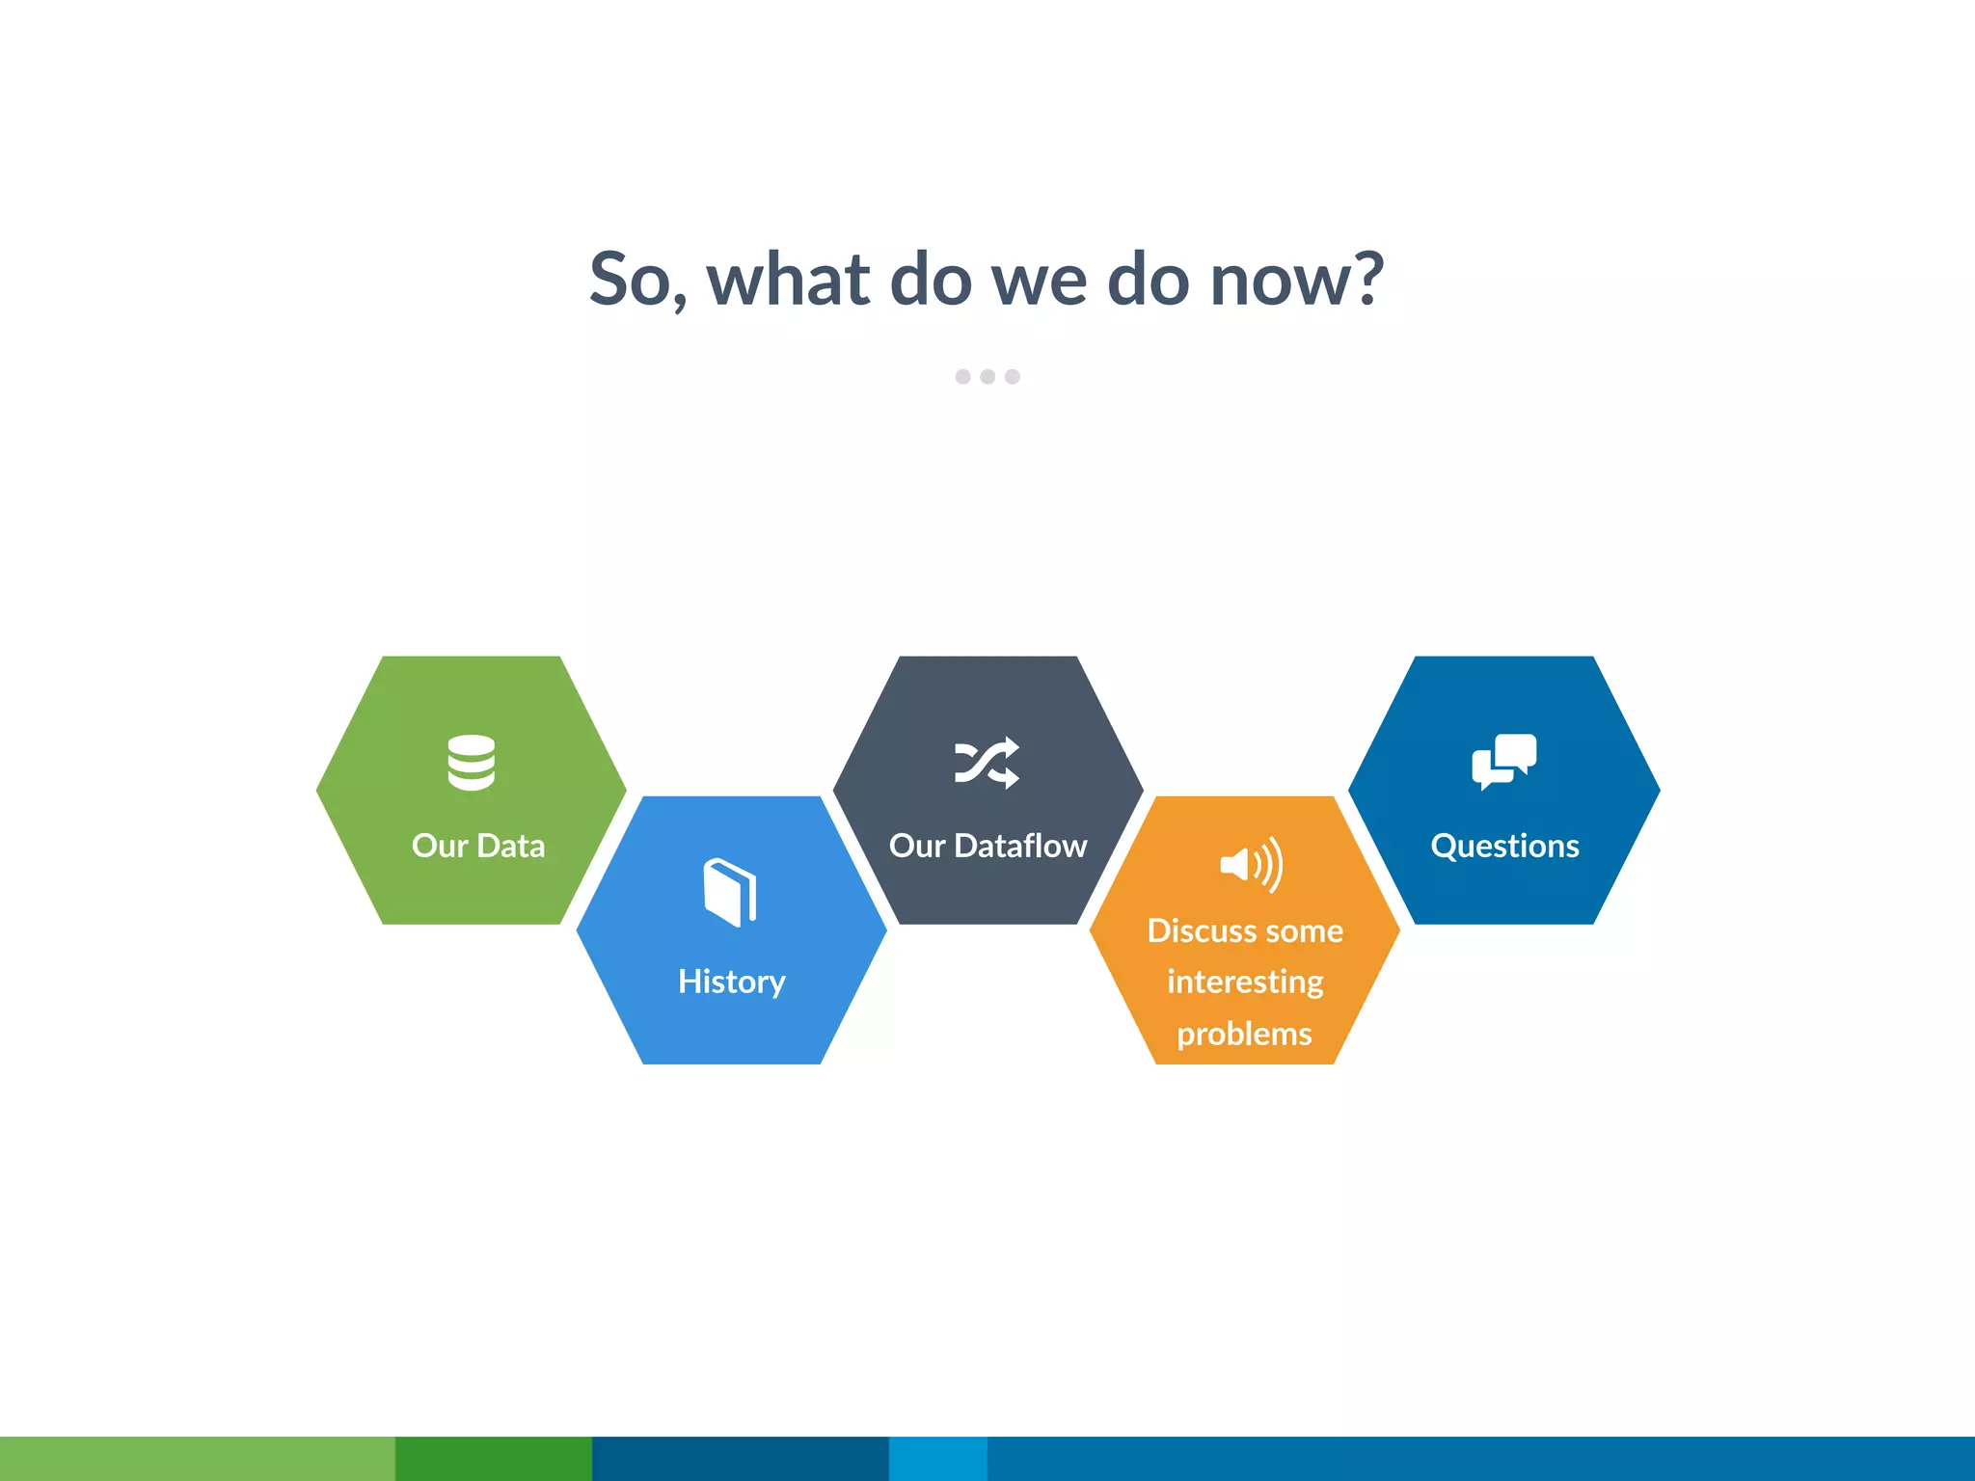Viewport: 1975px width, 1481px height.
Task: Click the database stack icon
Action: click(472, 763)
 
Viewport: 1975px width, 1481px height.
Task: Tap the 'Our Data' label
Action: click(478, 846)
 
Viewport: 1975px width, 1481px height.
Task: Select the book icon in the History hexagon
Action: click(730, 892)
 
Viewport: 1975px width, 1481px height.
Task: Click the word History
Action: click(731, 982)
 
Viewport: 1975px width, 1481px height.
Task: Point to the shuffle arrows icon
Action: click(987, 763)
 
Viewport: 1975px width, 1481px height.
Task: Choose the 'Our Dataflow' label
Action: click(987, 846)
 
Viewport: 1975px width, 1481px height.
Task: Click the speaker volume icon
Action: click(1251, 864)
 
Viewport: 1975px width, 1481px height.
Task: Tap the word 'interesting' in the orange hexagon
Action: click(1245, 982)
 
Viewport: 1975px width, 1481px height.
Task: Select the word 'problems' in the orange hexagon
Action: click(1244, 1034)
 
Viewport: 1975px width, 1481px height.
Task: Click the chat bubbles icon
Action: click(1503, 762)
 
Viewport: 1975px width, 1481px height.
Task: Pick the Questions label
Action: click(1504, 846)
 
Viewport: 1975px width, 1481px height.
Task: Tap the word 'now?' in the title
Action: click(1296, 280)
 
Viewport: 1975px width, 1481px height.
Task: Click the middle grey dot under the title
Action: click(987, 376)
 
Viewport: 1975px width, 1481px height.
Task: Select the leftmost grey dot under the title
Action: click(962, 376)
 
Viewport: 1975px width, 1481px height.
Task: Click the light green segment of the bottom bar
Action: click(197, 1458)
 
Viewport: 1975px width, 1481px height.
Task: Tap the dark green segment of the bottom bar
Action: click(494, 1458)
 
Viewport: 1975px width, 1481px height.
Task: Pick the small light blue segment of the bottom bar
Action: click(937, 1458)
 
